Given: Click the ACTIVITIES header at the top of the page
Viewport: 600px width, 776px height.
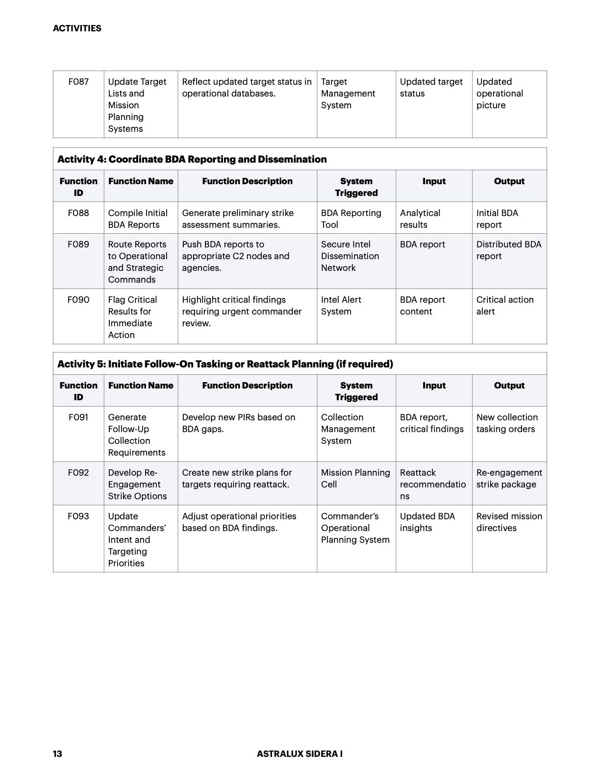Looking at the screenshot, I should coord(77,28).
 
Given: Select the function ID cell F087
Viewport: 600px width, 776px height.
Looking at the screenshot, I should coord(78,82).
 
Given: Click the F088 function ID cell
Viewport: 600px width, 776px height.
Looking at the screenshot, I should coord(78,213).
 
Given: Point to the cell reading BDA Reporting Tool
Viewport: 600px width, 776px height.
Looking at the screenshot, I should coord(351,219).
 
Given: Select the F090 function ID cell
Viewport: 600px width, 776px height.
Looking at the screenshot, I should coord(78,300).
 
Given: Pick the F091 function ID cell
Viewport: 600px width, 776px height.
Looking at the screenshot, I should coord(78,417).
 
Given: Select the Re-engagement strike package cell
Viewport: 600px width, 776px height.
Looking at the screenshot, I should coord(509,479).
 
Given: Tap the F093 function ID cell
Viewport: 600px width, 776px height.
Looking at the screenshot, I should coord(78,516).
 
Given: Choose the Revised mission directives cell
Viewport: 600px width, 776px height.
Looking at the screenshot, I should coord(509,522).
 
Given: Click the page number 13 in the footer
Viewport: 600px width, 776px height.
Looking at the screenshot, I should coord(57,754).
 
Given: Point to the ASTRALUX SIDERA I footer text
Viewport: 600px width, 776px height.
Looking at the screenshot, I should coord(300,754).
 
